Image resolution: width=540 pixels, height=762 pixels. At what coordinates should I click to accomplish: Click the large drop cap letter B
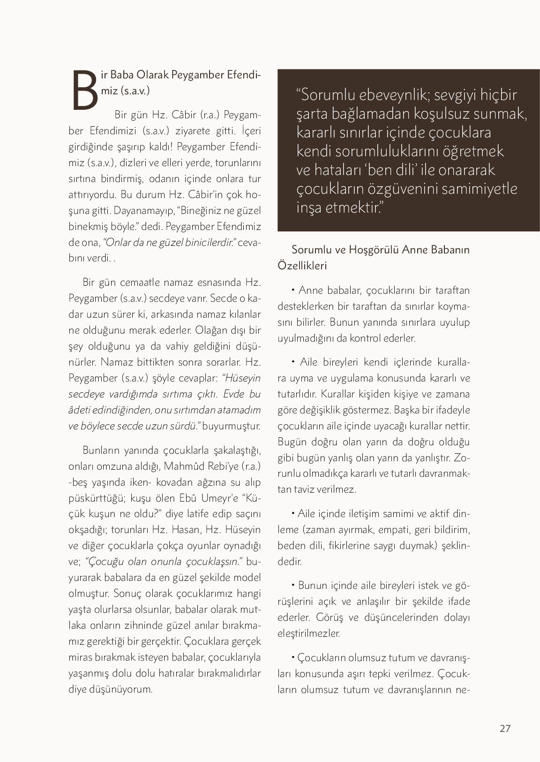[x=85, y=90]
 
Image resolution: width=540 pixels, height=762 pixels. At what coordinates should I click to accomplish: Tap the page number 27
[x=505, y=728]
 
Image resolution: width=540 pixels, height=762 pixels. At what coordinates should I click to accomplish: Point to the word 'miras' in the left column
[x=81, y=657]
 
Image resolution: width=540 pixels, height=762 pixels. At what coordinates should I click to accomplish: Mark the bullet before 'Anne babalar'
[x=293, y=290]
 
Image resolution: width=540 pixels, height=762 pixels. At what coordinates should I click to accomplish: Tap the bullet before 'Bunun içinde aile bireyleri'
[x=293, y=585]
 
